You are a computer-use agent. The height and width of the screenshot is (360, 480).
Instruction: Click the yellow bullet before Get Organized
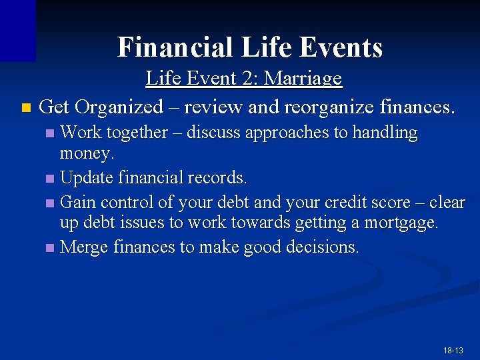25,107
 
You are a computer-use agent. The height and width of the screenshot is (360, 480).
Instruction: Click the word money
87,153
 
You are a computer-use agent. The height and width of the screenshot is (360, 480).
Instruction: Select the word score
392,201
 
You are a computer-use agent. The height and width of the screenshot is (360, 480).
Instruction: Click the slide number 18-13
453,350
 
